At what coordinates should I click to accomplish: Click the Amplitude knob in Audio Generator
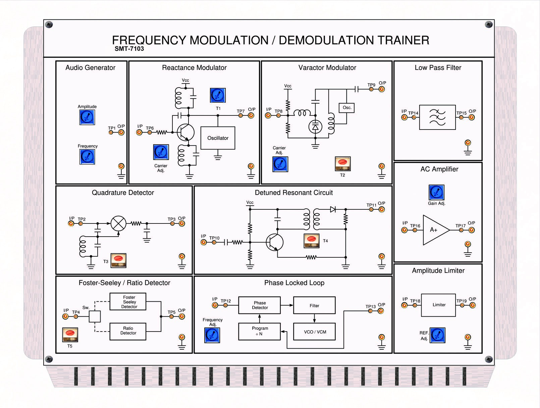pyautogui.click(x=87, y=117)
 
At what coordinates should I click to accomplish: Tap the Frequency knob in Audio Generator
pyautogui.click(x=87, y=156)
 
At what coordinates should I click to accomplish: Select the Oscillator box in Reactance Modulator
pyautogui.click(x=218, y=138)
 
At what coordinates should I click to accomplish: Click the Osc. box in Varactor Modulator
pyautogui.click(x=347, y=108)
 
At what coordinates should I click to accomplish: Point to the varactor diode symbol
pyautogui.click(x=315, y=127)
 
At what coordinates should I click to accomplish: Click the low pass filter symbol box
pyautogui.click(x=437, y=117)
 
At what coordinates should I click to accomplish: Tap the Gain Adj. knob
pyautogui.click(x=436, y=192)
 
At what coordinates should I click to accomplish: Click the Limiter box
pyautogui.click(x=438, y=305)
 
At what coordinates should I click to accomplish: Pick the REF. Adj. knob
pyautogui.click(x=437, y=335)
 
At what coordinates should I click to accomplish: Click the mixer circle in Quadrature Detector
pyautogui.click(x=118, y=223)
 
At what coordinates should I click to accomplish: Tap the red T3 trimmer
pyautogui.click(x=118, y=260)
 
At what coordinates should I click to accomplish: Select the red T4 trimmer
pyautogui.click(x=311, y=241)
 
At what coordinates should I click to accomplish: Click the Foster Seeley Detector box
pyautogui.click(x=128, y=302)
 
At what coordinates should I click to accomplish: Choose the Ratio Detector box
pyautogui.click(x=128, y=331)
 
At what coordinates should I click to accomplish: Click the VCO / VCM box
pyautogui.click(x=314, y=332)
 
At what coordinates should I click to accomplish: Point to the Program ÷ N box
pyautogui.click(x=259, y=331)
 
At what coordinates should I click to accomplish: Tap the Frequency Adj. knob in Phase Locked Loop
pyautogui.click(x=212, y=335)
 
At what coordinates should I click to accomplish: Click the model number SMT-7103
pyautogui.click(x=129, y=49)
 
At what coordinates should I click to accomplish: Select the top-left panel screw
pyautogui.click(x=49, y=24)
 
